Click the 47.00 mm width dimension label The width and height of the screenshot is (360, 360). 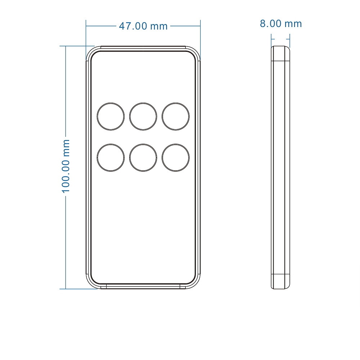click(x=143, y=26)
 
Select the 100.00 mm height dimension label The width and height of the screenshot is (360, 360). click(x=66, y=166)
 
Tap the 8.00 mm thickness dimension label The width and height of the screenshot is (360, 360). click(x=280, y=24)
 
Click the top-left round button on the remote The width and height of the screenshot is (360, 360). click(x=111, y=117)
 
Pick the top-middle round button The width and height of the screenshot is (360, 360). click(x=143, y=117)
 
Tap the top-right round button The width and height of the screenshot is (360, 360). click(x=176, y=117)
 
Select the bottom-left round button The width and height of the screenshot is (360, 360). click(x=111, y=158)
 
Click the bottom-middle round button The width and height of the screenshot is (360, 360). click(x=143, y=158)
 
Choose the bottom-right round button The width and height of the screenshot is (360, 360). click(x=176, y=158)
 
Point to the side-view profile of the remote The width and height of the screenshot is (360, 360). click(x=280, y=167)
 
